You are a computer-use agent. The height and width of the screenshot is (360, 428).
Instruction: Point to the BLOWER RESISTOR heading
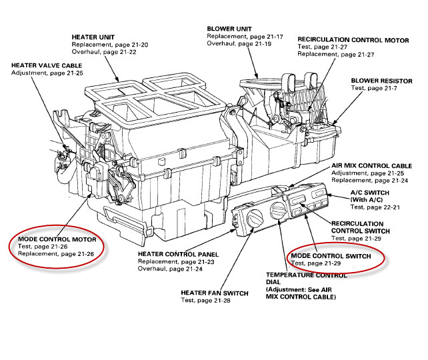[x=385, y=80]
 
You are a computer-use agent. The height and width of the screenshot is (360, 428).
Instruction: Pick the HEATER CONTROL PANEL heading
[x=177, y=255]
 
